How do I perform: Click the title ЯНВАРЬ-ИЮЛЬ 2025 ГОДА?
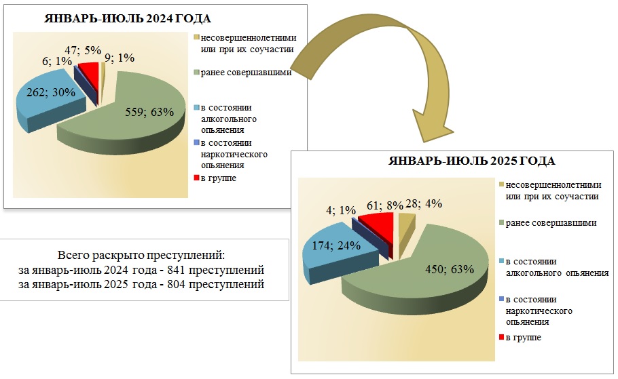[x=471, y=161]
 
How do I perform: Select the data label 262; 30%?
[x=48, y=94]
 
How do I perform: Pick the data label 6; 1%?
[x=53, y=60]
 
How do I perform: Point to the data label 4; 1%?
[x=342, y=210]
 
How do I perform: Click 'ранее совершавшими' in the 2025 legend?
[x=556, y=223]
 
